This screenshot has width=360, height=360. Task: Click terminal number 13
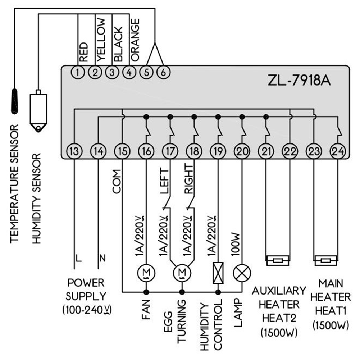coord(74,151)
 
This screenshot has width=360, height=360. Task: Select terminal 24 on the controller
coord(338,151)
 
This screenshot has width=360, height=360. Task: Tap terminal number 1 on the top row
coord(78,72)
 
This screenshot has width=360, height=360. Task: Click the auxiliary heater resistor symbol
coord(277,260)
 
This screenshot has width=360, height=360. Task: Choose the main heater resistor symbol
coord(325,260)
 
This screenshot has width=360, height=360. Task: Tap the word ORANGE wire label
coord(135,40)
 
